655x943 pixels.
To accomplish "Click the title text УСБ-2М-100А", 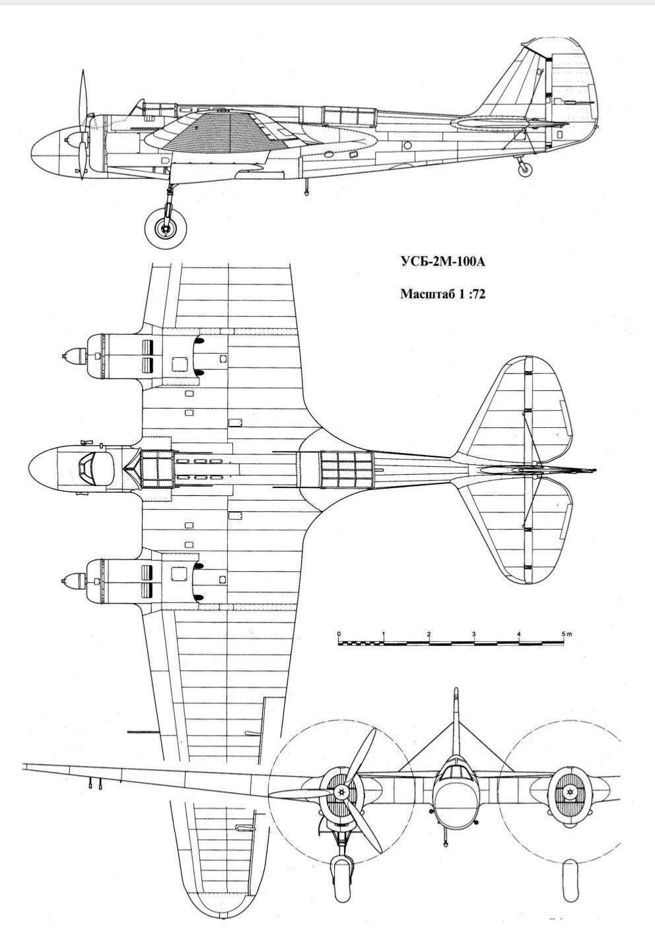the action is (x=442, y=262).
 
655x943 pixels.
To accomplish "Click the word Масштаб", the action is (x=425, y=293).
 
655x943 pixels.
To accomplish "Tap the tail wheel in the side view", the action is (x=524, y=169).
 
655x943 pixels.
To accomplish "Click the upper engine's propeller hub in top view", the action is (x=71, y=356).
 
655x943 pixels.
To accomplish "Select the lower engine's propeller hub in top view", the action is (x=71, y=580).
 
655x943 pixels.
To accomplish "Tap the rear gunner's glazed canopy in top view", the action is (x=346, y=470).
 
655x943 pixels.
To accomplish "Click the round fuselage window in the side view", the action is (x=407, y=145).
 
